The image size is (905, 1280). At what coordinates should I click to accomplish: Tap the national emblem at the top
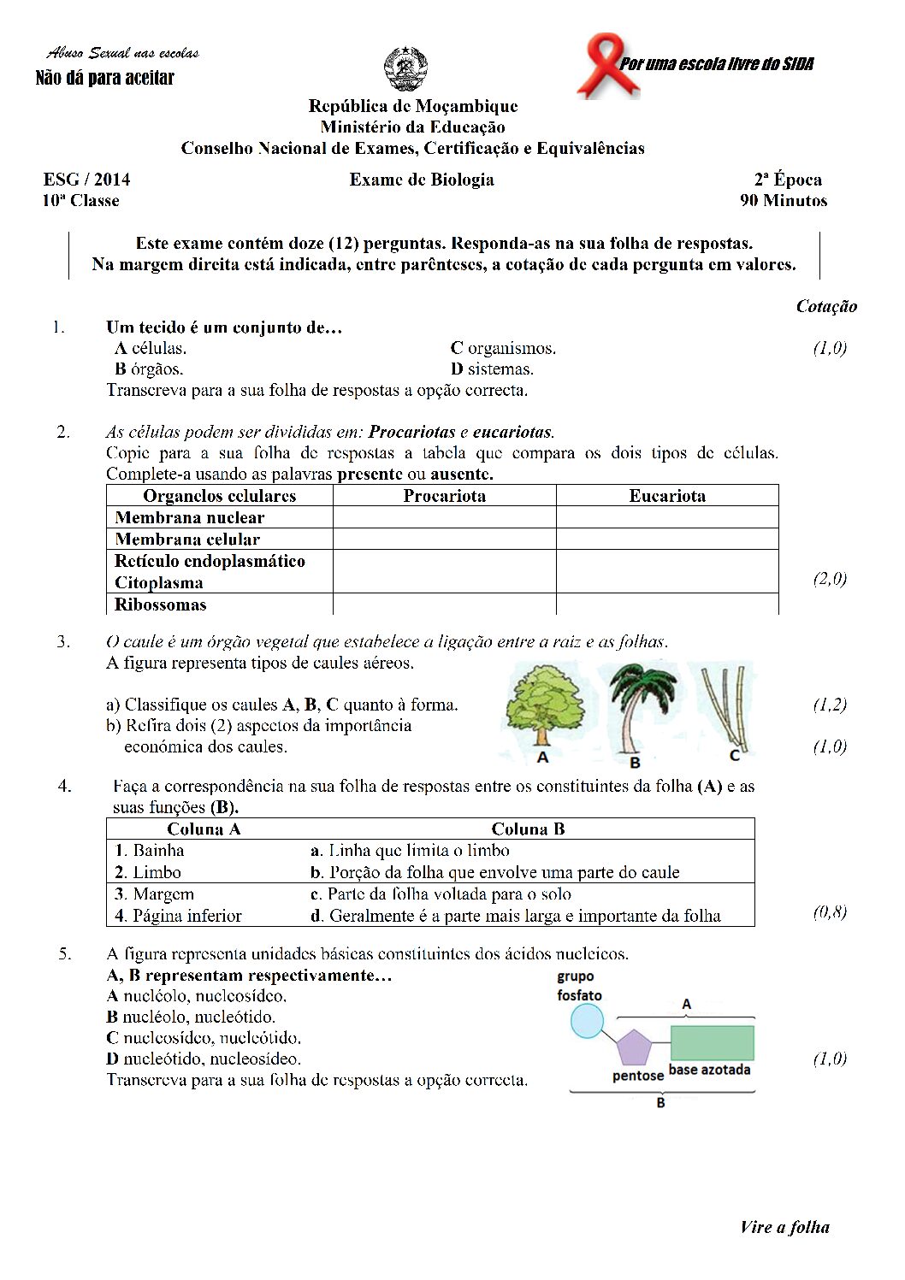pos(405,68)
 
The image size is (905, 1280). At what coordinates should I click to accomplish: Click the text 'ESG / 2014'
pos(86,180)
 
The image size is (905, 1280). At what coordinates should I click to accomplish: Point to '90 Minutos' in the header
pos(784,201)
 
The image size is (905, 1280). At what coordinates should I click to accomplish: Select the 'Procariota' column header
pos(444,496)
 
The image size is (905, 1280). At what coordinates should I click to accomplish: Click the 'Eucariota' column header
pos(667,496)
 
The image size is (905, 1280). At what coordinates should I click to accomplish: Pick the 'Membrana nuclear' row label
pos(189,517)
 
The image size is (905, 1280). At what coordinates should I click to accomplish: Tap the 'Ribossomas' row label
pos(161,605)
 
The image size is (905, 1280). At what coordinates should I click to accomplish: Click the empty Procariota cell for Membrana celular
pos(444,539)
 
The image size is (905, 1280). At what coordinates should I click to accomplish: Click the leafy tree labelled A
pos(544,705)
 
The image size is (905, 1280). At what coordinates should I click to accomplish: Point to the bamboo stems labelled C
pos(726,705)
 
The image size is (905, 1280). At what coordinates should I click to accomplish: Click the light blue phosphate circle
pos(587,1021)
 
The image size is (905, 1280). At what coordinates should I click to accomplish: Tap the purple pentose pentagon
pos(634,1047)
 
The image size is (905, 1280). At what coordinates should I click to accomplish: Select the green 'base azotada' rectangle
pos(712,1043)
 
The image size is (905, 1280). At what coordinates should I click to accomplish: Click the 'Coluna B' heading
pos(528,829)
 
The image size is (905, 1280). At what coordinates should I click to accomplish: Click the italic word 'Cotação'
pos(826,306)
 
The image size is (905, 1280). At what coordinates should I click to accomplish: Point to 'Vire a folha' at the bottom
pos(784,1227)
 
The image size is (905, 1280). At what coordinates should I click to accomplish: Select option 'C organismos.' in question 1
pos(503,348)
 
